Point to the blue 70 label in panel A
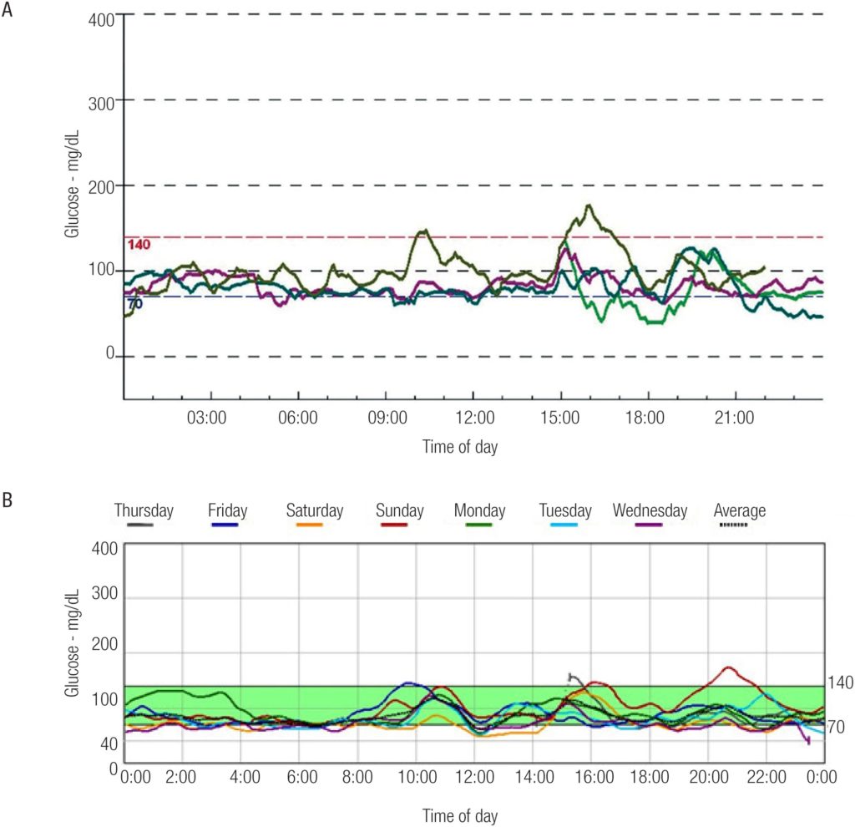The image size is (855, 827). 134,303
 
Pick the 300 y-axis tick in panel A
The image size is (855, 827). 101,100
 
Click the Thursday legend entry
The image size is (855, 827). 144,510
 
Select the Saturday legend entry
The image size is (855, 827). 314,510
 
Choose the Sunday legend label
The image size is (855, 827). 399,510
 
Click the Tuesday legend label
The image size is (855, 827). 565,510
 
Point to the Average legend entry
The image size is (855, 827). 739,510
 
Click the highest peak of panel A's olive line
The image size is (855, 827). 589,205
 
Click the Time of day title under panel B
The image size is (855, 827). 461,814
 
